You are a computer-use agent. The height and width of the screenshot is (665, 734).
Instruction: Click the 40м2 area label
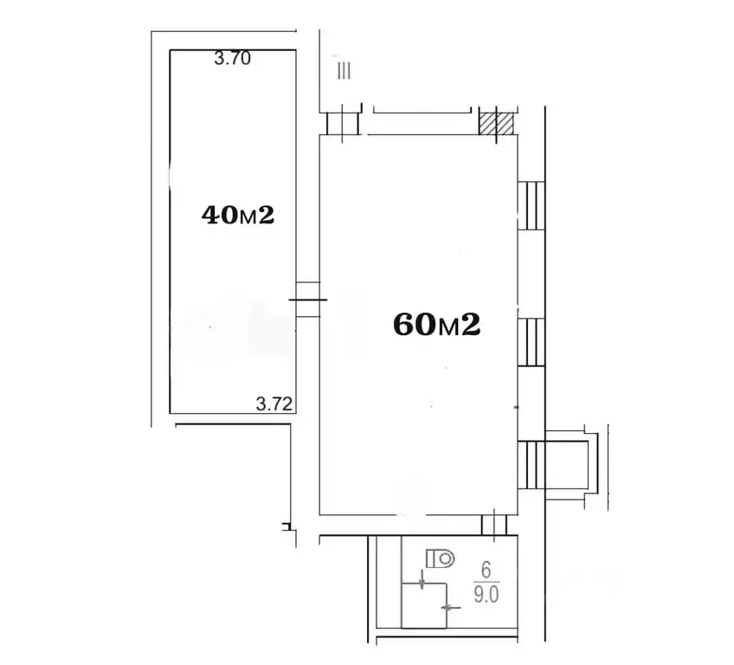[238, 216]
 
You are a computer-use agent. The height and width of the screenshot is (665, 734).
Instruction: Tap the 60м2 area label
[437, 325]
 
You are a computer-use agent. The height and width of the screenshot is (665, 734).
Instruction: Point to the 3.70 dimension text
[233, 58]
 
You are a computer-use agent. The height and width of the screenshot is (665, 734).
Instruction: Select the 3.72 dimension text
[274, 404]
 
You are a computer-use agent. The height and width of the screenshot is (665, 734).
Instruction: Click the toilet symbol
[440, 558]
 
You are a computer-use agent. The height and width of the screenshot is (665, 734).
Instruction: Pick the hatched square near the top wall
[496, 124]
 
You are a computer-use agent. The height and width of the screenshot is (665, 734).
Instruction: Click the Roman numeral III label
[344, 71]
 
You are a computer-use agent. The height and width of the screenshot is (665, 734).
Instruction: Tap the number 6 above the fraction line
[486, 571]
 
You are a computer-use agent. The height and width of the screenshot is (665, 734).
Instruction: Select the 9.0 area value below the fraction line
[486, 594]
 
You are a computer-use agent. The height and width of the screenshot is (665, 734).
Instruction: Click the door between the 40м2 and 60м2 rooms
[308, 300]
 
